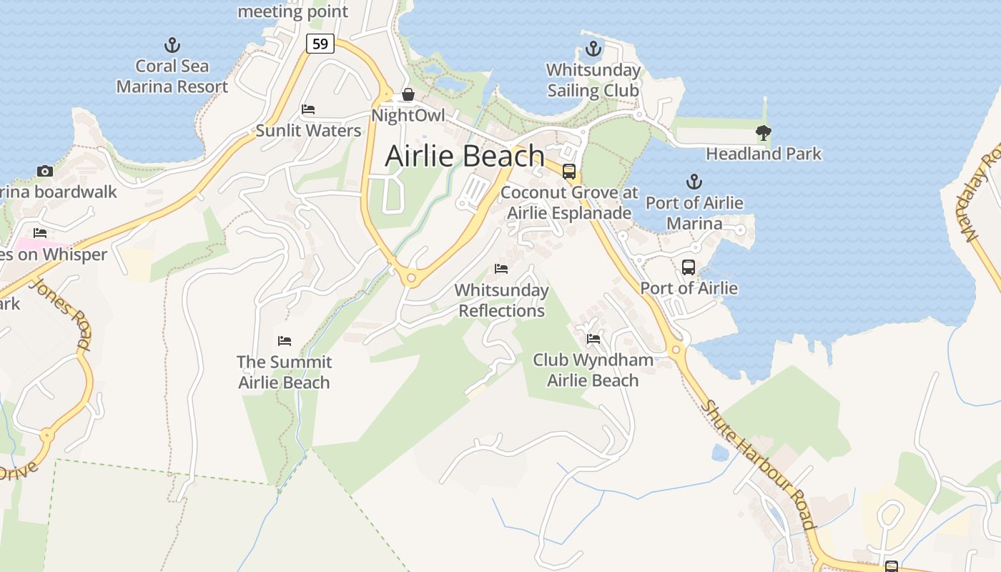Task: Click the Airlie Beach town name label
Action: point(465,156)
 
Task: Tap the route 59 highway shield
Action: point(320,44)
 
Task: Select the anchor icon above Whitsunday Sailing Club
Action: point(593,49)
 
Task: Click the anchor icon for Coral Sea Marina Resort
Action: point(172,46)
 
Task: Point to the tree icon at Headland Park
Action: point(763,133)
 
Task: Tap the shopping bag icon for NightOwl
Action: point(408,94)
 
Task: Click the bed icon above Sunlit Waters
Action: point(308,109)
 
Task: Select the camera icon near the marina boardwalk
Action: point(45,172)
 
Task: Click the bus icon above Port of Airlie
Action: point(688,267)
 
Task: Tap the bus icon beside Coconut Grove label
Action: point(569,172)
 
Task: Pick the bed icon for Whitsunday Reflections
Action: point(501,269)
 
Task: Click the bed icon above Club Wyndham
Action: point(593,339)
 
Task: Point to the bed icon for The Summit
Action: point(285,341)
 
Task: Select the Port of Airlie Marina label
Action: point(694,213)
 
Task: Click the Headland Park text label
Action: point(764,154)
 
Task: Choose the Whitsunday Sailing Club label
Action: point(593,80)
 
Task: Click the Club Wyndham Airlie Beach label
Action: point(593,370)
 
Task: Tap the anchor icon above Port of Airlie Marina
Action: point(694,182)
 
